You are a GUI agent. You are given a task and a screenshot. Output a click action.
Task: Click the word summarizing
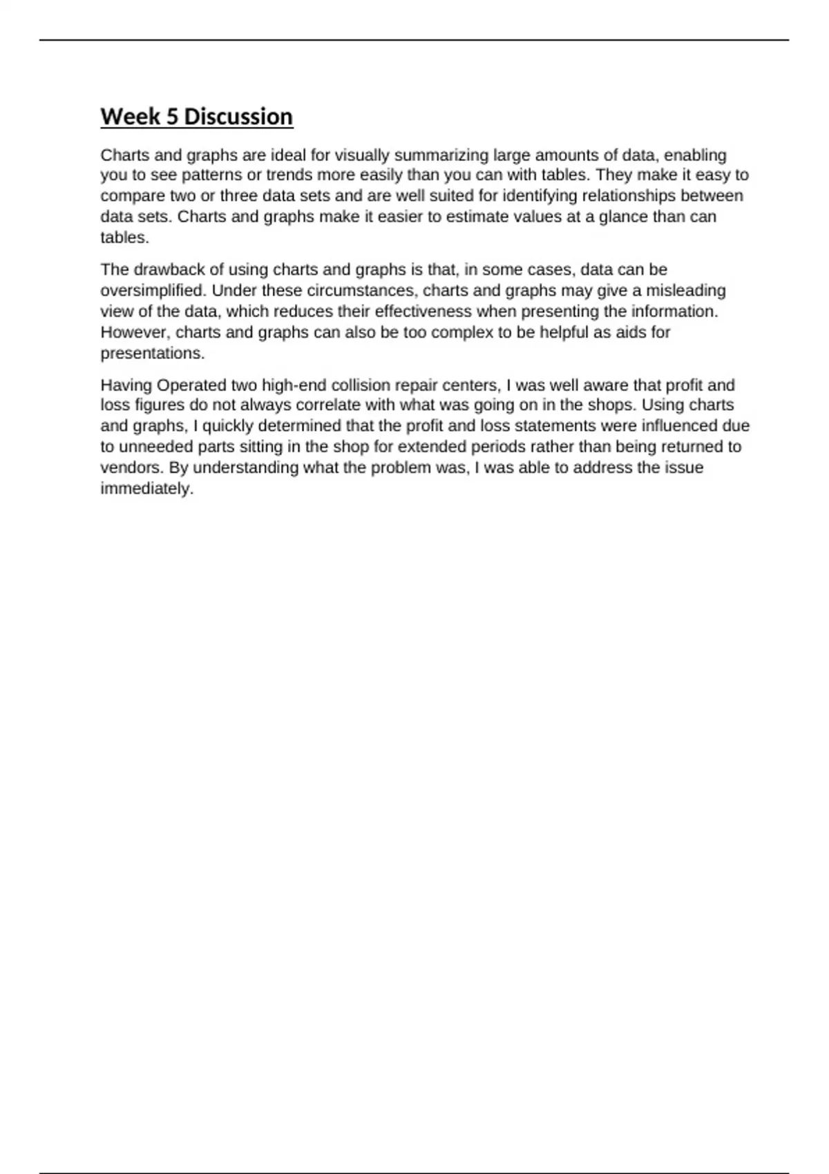[440, 155]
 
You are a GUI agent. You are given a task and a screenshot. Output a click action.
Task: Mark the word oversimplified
[153, 290]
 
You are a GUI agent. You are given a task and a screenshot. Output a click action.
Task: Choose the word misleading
[685, 290]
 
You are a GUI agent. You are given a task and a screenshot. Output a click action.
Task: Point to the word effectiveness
[423, 311]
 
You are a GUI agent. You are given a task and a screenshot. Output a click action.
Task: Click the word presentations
[152, 353]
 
